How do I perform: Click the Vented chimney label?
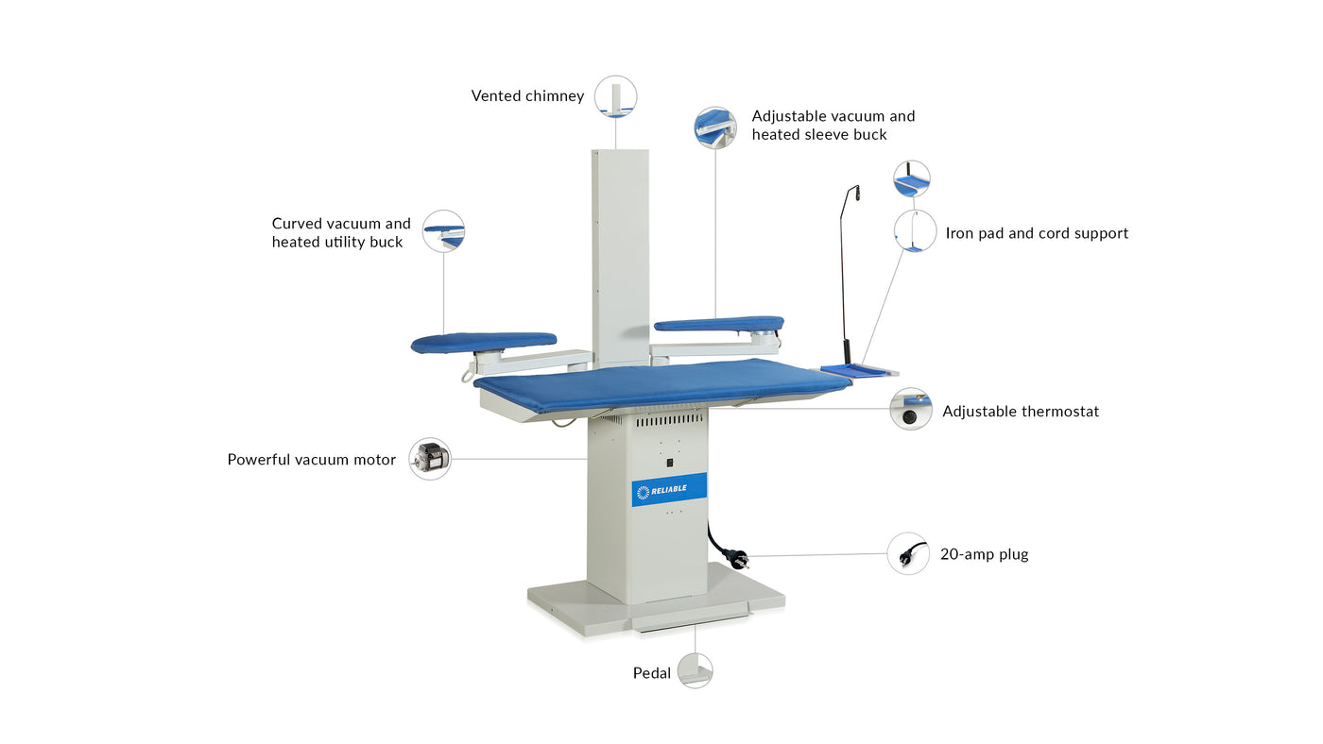[x=527, y=96]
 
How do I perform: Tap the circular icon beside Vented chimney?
[x=615, y=96]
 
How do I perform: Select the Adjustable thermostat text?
[x=1020, y=412]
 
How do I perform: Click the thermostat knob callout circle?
[x=911, y=409]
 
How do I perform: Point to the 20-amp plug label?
[x=984, y=554]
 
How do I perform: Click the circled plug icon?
[x=908, y=553]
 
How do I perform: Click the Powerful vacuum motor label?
[x=311, y=460]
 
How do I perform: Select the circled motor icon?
[x=430, y=459]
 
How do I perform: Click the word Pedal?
[x=651, y=673]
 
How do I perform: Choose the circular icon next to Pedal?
[x=695, y=670]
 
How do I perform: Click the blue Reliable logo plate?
[x=669, y=489]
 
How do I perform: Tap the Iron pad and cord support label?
[x=1037, y=233]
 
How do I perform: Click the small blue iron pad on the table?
[x=854, y=370]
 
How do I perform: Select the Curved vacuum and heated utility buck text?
[x=341, y=232]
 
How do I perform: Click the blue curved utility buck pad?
[x=483, y=342]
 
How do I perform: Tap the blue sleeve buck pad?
[x=718, y=324]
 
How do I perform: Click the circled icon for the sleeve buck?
[x=715, y=127]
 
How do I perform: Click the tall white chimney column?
[x=620, y=255]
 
